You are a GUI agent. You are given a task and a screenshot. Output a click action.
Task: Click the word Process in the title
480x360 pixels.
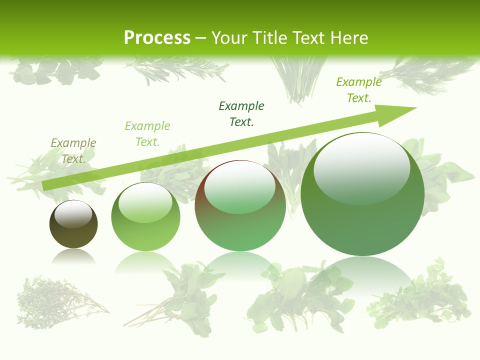tap(157, 38)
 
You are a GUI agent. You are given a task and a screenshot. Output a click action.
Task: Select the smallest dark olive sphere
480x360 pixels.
tap(73, 224)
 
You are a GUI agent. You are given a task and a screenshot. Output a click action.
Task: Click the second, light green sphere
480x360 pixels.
tap(145, 217)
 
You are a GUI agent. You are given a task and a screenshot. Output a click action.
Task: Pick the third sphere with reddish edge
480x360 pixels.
tap(240, 206)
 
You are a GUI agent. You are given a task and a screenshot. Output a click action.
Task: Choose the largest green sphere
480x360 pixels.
tap(362, 194)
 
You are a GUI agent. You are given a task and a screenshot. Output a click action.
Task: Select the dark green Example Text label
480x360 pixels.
tap(241, 114)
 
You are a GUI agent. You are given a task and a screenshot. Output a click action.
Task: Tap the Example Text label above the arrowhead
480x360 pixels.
tap(359, 90)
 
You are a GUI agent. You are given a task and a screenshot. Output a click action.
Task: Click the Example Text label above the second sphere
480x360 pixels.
tap(147, 134)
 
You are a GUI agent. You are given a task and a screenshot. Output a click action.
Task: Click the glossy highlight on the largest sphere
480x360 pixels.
tap(361, 169)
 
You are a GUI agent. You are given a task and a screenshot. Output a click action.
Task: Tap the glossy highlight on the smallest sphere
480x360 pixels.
tap(73, 213)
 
